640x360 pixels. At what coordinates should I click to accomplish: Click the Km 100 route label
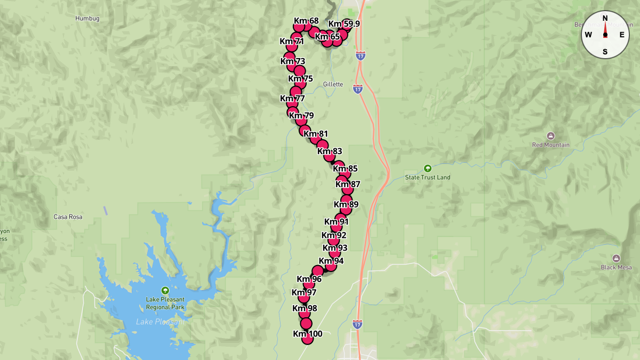click(308, 334)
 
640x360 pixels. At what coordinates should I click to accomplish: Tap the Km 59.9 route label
click(344, 24)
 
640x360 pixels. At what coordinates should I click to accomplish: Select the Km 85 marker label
click(345, 169)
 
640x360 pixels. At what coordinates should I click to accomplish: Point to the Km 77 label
click(292, 99)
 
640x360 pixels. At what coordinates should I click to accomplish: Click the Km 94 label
click(331, 261)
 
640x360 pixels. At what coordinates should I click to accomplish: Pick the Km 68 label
click(306, 21)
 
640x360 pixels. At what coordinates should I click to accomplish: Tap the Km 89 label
click(346, 204)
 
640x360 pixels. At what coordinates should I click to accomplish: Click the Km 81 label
click(316, 134)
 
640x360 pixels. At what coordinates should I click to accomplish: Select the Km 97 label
click(304, 292)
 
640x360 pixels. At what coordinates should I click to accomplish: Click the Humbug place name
click(87, 19)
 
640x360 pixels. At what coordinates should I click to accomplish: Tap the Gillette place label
click(333, 84)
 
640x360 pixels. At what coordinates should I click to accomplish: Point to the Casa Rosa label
click(68, 217)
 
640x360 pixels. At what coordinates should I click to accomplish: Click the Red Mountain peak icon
click(551, 136)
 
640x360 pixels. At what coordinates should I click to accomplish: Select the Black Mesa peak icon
click(616, 258)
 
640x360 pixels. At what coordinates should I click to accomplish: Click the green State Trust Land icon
click(427, 168)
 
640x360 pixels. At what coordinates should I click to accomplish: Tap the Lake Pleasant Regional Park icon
click(165, 291)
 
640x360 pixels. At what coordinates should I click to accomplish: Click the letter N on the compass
click(605, 18)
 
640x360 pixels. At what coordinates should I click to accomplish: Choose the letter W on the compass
click(588, 35)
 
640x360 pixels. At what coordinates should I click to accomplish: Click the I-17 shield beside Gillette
click(357, 89)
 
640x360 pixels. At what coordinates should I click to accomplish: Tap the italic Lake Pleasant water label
click(159, 322)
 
